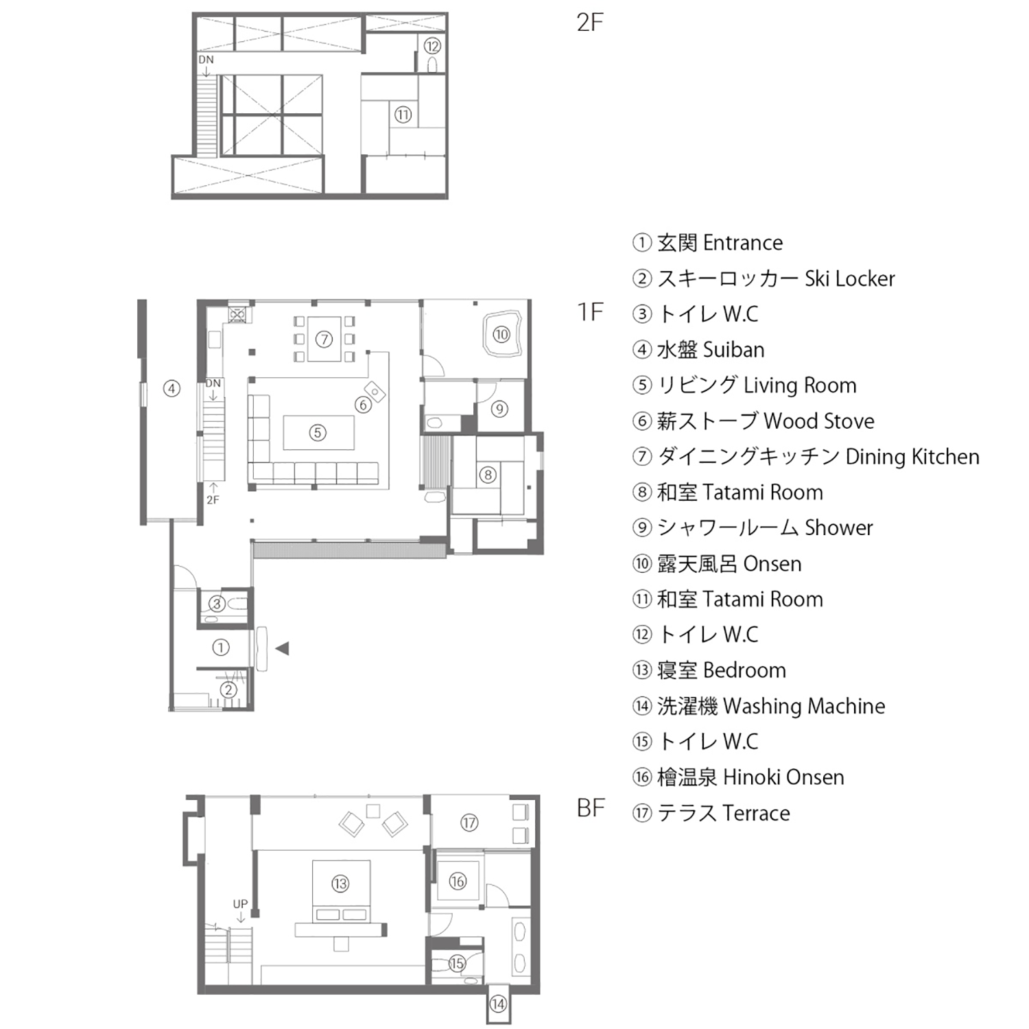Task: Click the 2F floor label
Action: pos(590,23)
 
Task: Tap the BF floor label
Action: pos(591,808)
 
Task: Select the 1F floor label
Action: pos(590,312)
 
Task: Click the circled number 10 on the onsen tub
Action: pos(501,335)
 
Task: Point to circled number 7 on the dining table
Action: pos(324,339)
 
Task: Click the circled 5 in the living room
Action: pos(317,433)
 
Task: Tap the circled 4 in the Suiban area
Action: pos(171,389)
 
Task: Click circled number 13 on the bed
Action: pos(340,884)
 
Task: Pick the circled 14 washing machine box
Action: pos(498,1004)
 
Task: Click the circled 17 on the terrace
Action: pos(469,823)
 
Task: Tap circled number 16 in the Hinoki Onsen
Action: pos(458,882)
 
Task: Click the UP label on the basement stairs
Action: pos(240,904)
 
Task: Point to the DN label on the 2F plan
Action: pos(206,60)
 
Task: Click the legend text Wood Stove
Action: pos(818,421)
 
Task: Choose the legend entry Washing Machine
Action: pos(803,706)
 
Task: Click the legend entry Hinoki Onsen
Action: pos(783,777)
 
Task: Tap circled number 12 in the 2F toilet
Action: pos(431,46)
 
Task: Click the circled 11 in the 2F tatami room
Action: pos(403,115)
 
